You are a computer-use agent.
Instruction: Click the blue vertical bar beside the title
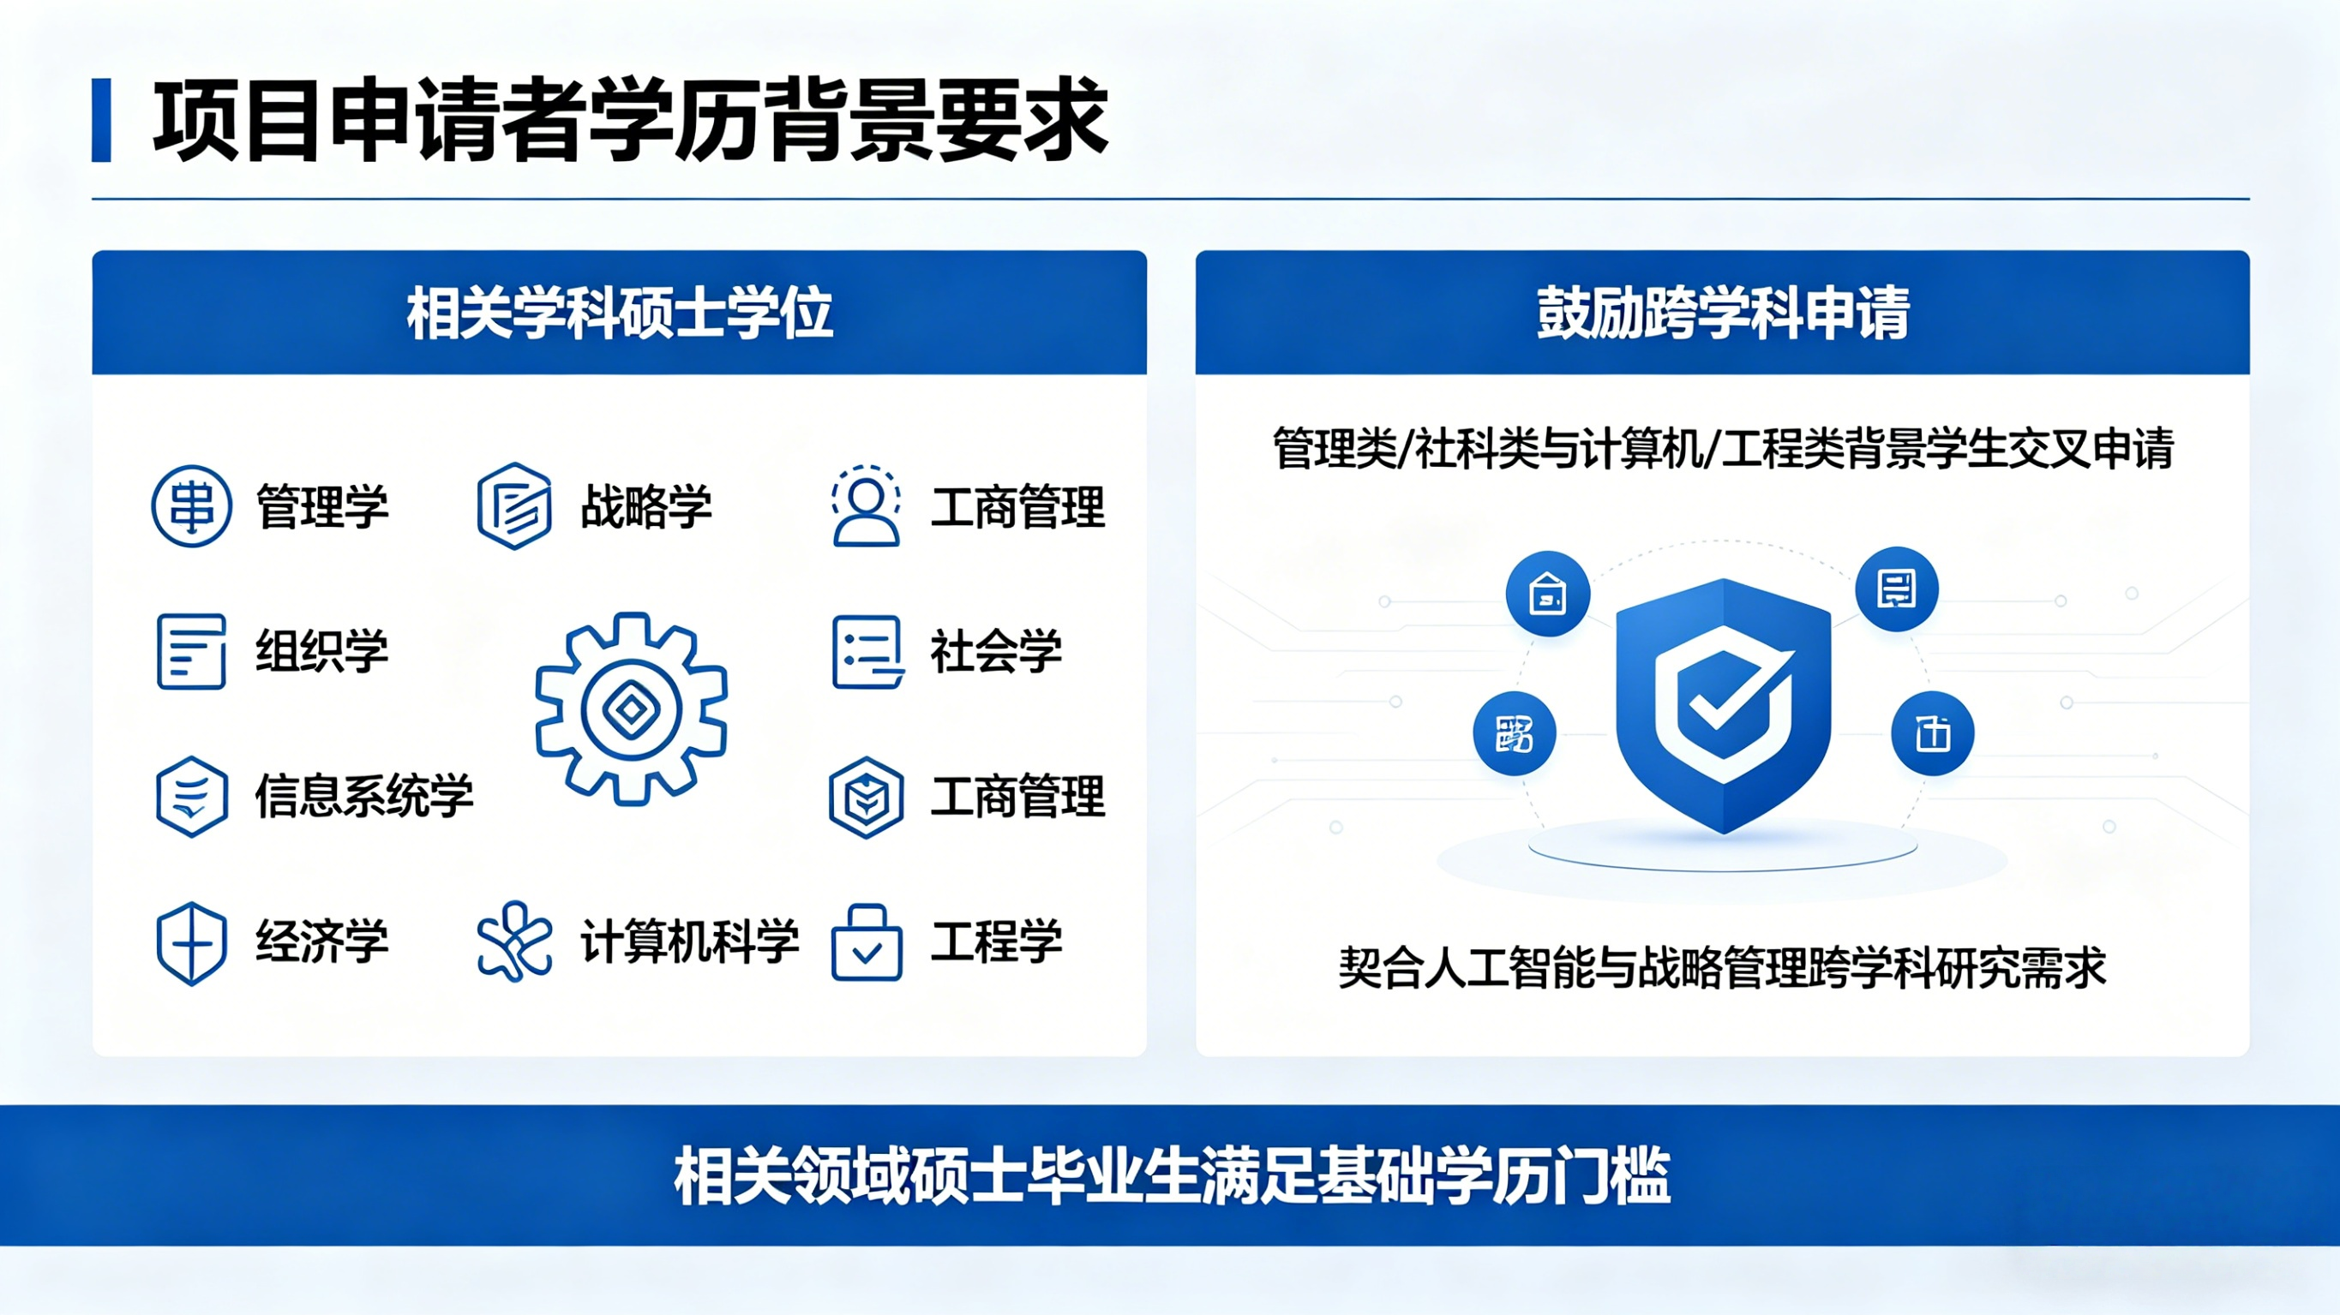click(101, 121)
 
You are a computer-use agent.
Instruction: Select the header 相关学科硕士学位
click(620, 314)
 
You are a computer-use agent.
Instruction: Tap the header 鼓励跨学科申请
click(1722, 314)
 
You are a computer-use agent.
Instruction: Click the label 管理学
click(322, 507)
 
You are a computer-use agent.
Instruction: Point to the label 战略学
click(646, 507)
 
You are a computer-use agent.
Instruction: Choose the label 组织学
click(322, 651)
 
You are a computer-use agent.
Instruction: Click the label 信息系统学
click(364, 797)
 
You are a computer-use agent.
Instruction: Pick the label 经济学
click(322, 941)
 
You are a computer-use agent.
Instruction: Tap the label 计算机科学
click(689, 941)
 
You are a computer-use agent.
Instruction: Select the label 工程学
click(997, 941)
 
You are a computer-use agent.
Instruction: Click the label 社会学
click(997, 651)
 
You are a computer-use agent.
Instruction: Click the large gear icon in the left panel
click(632, 708)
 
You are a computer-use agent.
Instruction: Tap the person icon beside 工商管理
click(866, 505)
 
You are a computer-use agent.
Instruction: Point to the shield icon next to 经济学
click(192, 942)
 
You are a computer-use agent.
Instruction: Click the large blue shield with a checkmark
click(1723, 706)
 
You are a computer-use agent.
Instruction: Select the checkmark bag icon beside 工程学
click(867, 942)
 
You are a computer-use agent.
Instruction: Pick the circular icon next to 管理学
click(192, 505)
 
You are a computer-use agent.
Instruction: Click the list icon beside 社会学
click(867, 652)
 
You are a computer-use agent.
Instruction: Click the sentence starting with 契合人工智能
click(1722, 967)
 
